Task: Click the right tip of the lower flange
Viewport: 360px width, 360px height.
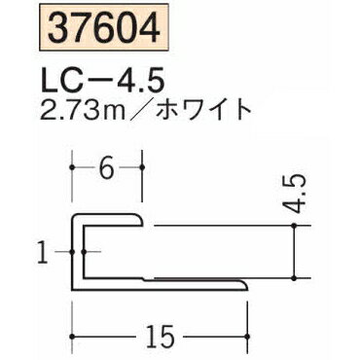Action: (x=246, y=285)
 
